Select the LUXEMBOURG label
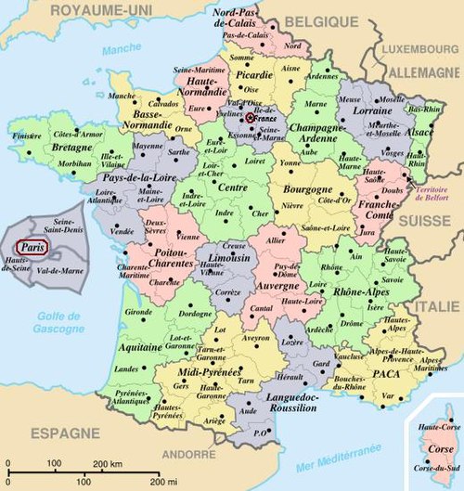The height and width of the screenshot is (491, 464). tap(418, 46)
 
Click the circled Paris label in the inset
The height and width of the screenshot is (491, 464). tap(32, 248)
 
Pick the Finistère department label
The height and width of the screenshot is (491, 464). tap(27, 136)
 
